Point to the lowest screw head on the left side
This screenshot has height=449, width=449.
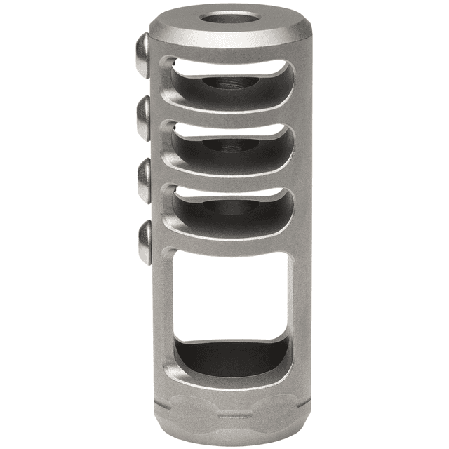tap(145, 242)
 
